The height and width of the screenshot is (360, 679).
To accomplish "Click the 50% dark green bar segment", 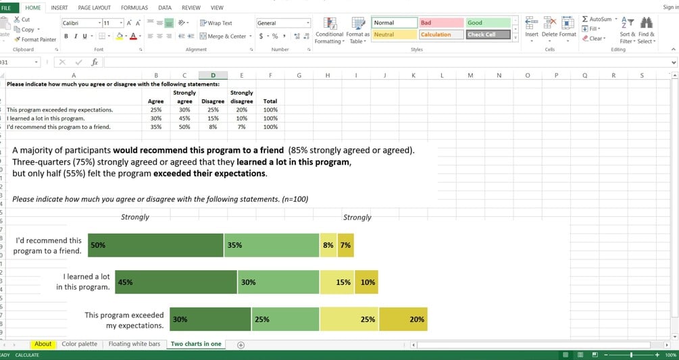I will [x=155, y=245].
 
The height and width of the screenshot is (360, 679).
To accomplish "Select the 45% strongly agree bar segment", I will [x=176, y=282].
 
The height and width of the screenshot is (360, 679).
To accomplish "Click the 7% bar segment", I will [x=346, y=245].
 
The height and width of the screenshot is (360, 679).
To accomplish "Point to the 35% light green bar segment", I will [x=271, y=245].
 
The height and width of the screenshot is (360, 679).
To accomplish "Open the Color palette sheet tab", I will [x=79, y=344].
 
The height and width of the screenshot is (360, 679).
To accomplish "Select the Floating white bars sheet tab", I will [x=134, y=344].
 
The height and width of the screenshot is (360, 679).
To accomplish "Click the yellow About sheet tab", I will [x=43, y=344].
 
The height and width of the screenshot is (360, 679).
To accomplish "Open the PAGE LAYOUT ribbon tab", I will [x=94, y=7].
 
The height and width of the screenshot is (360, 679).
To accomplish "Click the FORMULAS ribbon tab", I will [x=134, y=7].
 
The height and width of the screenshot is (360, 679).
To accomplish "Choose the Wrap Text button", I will [x=216, y=23].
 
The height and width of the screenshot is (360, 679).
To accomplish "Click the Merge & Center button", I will [x=223, y=36].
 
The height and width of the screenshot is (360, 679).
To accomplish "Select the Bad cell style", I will [x=441, y=23].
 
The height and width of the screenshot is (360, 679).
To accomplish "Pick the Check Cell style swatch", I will [x=488, y=34].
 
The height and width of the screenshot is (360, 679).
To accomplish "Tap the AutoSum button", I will [x=597, y=19].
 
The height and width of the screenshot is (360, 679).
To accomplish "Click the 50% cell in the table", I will [x=184, y=126].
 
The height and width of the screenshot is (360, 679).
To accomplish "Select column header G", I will [x=299, y=75].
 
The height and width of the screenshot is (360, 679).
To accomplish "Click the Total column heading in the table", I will [x=270, y=101].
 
